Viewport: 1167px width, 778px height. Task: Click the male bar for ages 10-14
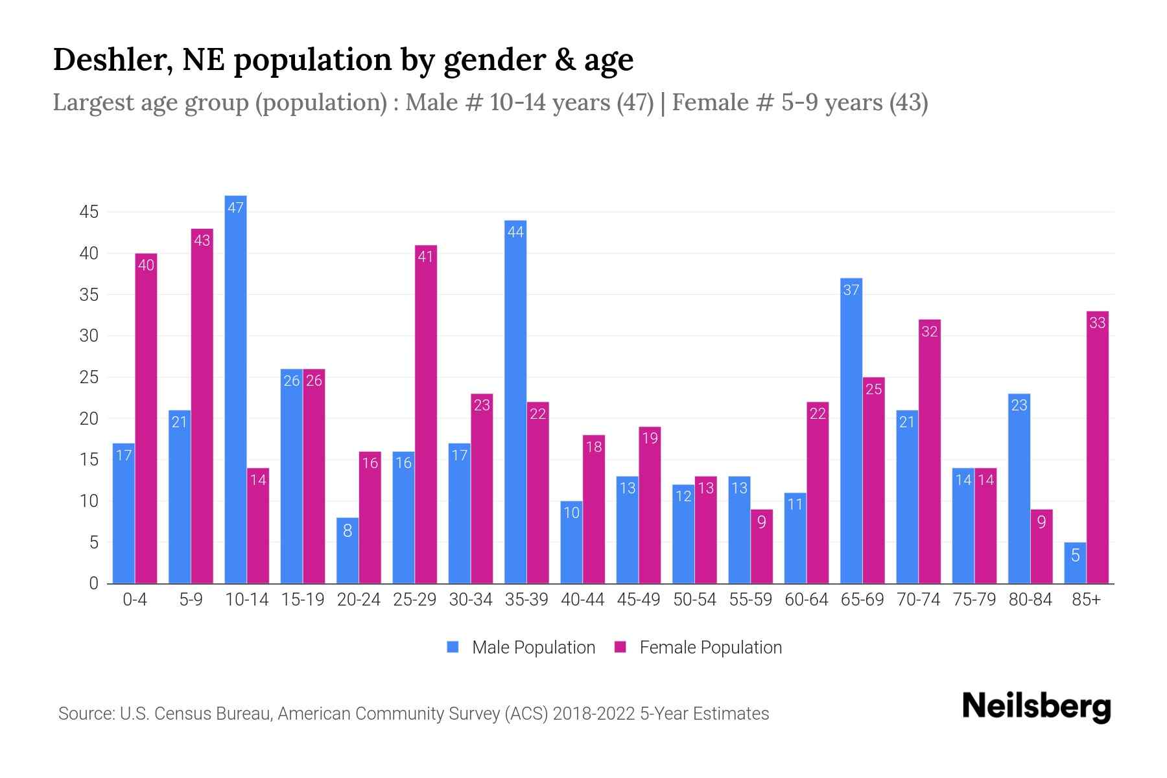click(x=235, y=389)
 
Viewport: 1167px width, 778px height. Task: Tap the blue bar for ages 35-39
click(x=515, y=402)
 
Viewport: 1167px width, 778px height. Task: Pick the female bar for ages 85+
click(x=1097, y=447)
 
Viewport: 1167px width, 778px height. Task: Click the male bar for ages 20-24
click(x=348, y=550)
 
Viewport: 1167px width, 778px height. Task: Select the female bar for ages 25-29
click(x=426, y=414)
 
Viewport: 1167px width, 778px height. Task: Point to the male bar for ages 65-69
click(x=851, y=430)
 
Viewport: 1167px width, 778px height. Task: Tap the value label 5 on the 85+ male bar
click(x=1075, y=556)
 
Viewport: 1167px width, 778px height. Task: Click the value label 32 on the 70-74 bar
click(x=930, y=332)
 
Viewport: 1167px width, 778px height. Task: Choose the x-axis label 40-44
click(x=582, y=600)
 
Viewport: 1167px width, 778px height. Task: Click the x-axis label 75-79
click(x=974, y=600)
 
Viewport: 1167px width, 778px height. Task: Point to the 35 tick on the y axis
click(x=89, y=295)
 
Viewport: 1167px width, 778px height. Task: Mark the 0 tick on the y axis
click(x=94, y=583)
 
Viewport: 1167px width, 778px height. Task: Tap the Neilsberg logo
click(x=1036, y=707)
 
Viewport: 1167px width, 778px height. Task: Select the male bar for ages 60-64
click(x=795, y=538)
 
